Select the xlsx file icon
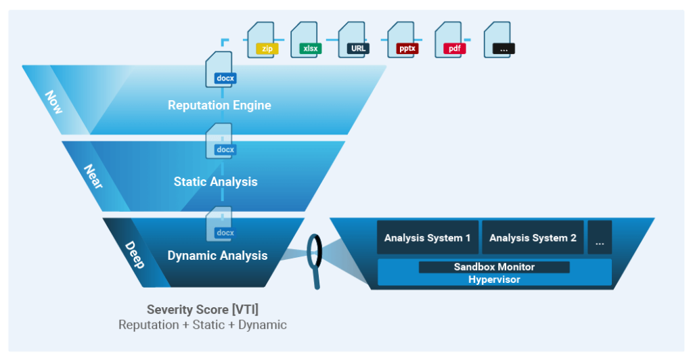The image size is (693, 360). (308, 40)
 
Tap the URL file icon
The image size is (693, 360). (356, 40)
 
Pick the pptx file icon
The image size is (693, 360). (405, 40)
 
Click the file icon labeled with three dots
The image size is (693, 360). (501, 40)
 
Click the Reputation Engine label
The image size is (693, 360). (219, 106)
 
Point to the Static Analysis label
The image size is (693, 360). (215, 181)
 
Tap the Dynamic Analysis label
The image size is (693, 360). (217, 256)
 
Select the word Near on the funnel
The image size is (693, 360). (93, 176)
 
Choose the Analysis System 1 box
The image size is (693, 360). (427, 238)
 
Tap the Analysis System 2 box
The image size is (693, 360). (533, 238)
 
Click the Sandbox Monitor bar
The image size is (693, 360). (494, 267)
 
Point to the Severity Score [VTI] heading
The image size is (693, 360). (202, 310)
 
